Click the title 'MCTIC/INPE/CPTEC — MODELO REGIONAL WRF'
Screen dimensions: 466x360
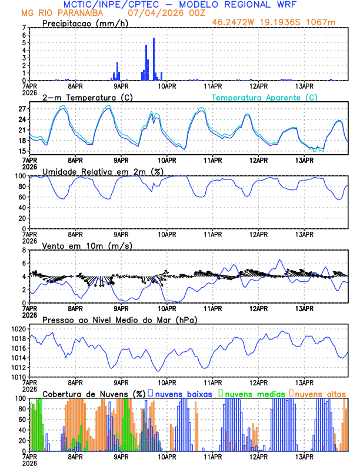coord(179,5)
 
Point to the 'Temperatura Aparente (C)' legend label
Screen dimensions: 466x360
coord(265,97)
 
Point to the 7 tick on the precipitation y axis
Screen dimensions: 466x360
coord(24,28)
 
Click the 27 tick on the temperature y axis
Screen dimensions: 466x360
coord(22,109)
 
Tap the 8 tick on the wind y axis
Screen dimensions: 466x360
coord(24,250)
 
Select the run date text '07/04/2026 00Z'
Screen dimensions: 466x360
coord(157,13)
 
